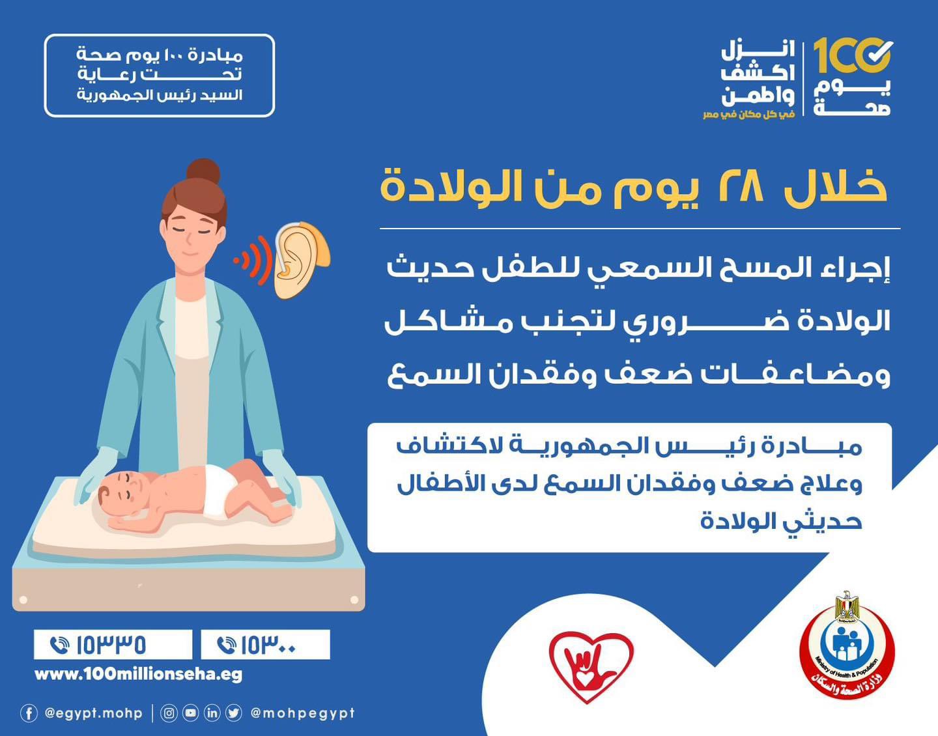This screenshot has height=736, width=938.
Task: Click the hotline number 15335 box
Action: (113, 645)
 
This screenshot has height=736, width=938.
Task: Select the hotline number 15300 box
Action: (266, 645)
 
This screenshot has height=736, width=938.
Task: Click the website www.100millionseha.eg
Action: (138, 675)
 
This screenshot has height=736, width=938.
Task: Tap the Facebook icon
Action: (29, 713)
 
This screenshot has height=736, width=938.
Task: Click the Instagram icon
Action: (169, 713)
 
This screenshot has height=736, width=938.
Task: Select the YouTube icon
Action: (190, 713)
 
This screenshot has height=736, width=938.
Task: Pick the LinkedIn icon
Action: (212, 713)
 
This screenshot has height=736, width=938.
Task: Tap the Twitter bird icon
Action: (234, 713)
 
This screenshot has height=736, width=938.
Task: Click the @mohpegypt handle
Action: (303, 714)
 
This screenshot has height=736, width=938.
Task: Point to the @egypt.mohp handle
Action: (93, 714)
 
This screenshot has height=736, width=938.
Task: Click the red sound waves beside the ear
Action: (254, 260)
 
